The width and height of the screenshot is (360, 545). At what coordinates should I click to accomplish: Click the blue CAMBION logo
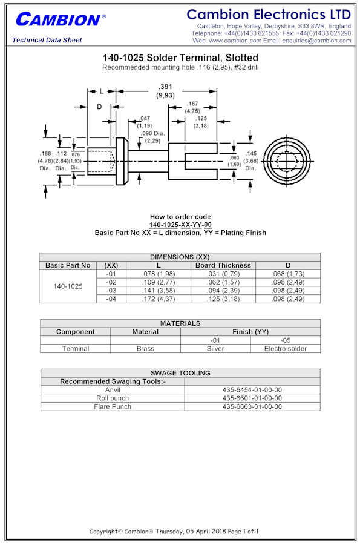click(61, 19)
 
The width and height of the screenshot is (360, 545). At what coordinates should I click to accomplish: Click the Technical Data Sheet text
click(47, 40)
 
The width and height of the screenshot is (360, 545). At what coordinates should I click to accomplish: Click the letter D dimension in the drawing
click(99, 107)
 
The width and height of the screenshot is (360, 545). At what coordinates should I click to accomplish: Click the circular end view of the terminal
click(287, 161)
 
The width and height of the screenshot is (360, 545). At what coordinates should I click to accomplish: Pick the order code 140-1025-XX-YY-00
click(180, 225)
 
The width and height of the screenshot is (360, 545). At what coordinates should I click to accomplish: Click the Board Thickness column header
click(223, 265)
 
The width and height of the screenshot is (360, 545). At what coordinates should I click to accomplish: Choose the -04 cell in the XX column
click(111, 299)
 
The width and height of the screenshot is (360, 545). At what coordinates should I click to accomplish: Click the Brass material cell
click(145, 349)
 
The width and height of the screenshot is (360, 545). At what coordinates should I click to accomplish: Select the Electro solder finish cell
click(286, 349)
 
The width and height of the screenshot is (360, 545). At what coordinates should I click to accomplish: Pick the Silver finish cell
click(215, 349)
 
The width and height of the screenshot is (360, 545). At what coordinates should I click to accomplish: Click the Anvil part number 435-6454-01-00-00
click(252, 390)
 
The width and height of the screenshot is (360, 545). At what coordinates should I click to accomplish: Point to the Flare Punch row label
click(113, 407)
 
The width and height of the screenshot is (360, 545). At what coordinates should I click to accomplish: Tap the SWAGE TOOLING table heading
click(180, 373)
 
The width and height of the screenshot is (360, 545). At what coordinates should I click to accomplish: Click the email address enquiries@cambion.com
click(316, 41)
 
